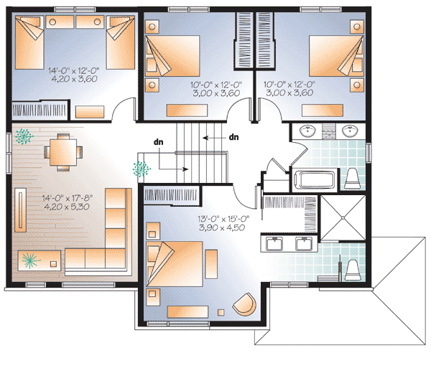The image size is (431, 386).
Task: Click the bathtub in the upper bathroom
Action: (314, 179)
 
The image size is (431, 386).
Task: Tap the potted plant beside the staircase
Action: (141, 169)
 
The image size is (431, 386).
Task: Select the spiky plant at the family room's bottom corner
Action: (29, 260)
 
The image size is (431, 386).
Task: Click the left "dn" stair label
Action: (158, 142)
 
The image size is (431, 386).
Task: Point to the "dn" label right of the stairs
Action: (233, 136)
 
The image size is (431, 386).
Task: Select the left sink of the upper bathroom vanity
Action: (306, 130)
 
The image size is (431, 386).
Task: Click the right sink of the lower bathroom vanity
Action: (302, 244)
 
